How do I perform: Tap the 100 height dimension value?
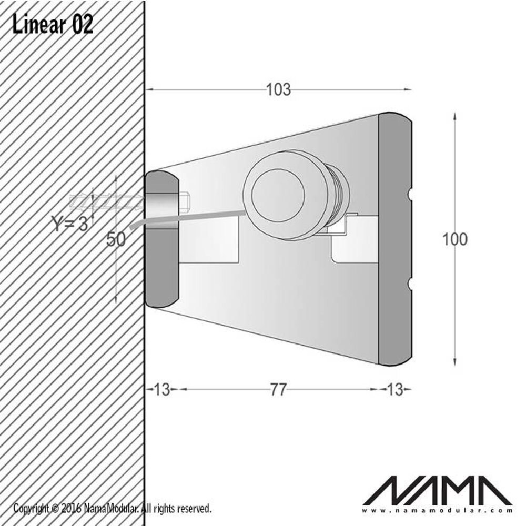click(454, 239)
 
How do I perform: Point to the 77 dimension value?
click(278, 390)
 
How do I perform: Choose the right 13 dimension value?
click(394, 390)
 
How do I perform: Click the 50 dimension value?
click(116, 239)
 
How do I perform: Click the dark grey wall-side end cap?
click(161, 239)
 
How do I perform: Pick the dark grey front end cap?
click(394, 239)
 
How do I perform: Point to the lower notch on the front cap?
click(410, 285)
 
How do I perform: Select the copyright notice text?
click(113, 508)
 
